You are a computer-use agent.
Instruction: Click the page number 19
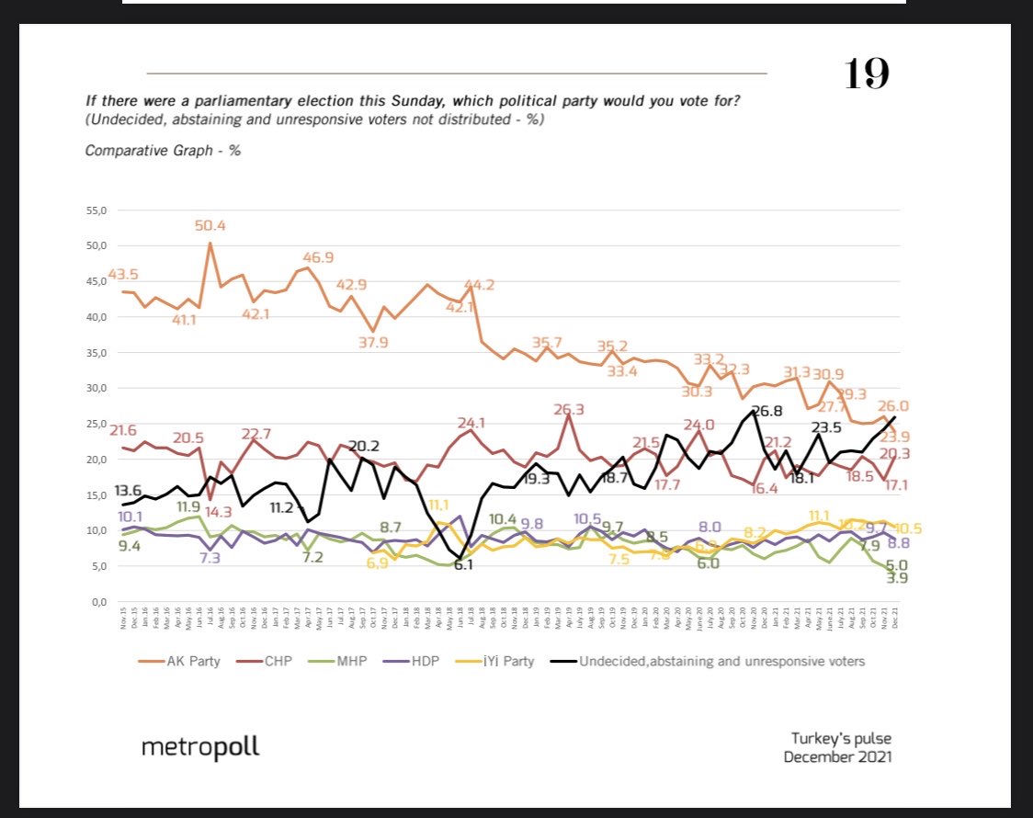pos(867,74)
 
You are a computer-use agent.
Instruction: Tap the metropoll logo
pos(200,747)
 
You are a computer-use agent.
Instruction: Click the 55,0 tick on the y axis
pos(97,210)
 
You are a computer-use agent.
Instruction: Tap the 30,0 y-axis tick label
pos(97,388)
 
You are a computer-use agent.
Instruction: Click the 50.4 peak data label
pos(210,226)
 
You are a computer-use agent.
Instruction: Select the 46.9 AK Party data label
pos(318,257)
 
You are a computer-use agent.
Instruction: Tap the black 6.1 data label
pos(462,565)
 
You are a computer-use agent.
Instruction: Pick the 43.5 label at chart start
pos(123,275)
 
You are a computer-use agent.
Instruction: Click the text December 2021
pos(837,756)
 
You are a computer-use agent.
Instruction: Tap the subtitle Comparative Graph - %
pos(163,150)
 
